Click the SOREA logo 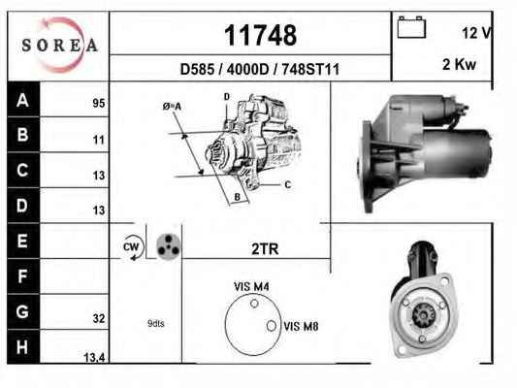[60, 45]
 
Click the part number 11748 [261, 35]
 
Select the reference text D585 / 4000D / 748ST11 [260, 69]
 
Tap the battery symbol [411, 27]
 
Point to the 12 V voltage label [477, 33]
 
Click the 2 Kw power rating [460, 64]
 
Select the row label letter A [22, 100]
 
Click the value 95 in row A [99, 103]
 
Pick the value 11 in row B [99, 140]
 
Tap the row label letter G [22, 311]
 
